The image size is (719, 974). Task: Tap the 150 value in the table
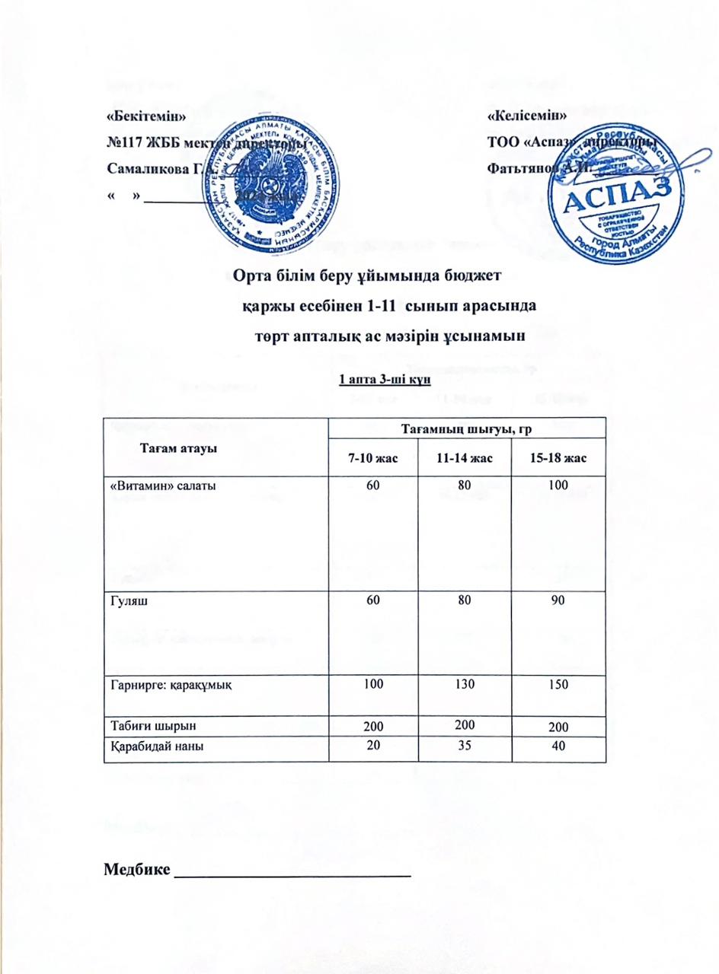coord(561,686)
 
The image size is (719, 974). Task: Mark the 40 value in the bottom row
coord(561,746)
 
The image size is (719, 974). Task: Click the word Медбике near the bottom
coord(136,869)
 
